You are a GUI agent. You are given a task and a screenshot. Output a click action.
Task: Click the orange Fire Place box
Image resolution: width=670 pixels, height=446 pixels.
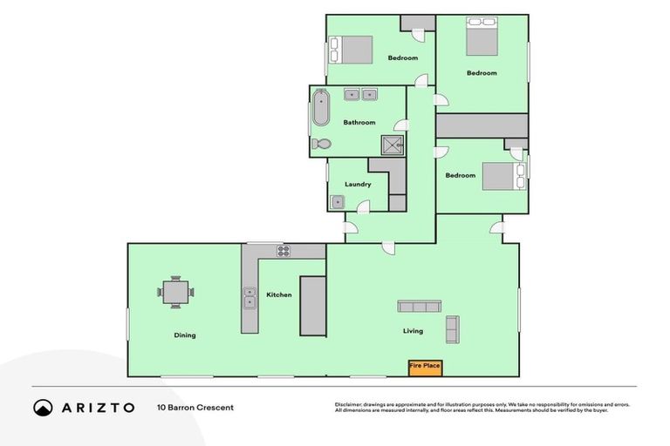coord(425,367)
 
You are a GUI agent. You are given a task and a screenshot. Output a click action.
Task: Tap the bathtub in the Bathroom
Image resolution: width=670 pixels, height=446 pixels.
coord(320,109)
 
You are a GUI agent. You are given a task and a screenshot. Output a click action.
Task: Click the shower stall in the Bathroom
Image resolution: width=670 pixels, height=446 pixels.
coord(393,145)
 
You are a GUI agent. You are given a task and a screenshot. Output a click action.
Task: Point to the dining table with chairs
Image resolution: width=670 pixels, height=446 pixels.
coord(175,292)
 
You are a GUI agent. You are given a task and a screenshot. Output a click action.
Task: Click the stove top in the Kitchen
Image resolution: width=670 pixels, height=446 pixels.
coord(284,251)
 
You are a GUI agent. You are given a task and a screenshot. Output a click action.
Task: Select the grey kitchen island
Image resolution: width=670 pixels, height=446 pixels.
coord(312,306)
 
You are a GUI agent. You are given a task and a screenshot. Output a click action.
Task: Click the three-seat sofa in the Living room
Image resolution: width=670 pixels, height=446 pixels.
coord(419,306)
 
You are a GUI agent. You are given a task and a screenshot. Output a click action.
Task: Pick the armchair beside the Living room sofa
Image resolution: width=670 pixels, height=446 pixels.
coord(452,328)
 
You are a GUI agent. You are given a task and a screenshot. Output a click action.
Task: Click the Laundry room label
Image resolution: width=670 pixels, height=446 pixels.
coord(358,185)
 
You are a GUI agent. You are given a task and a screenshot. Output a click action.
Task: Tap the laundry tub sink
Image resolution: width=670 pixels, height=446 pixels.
coord(338,202)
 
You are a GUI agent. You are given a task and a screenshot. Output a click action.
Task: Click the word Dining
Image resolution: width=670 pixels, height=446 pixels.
coord(184,335)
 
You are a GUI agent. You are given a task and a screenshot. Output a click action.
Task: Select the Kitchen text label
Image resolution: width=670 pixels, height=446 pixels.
coord(279,295)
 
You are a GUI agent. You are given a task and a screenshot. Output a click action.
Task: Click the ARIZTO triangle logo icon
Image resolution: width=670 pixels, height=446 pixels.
coord(44,408)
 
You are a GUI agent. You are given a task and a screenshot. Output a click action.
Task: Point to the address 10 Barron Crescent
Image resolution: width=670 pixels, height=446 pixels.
coord(195,407)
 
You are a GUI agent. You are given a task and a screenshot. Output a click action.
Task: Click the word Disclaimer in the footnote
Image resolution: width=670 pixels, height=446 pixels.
coord(348,404)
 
